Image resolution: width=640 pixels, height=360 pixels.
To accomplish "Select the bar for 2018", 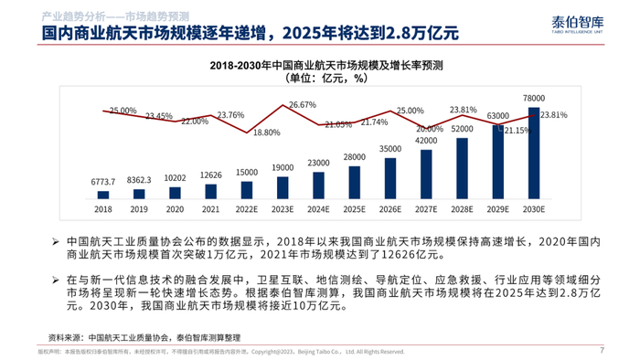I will pos(103,194).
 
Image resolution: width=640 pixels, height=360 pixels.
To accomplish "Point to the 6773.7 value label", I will pos(103,181).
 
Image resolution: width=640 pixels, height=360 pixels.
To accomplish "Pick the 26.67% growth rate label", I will pos(302,105).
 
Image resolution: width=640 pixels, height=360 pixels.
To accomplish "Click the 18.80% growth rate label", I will pos(266,132).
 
